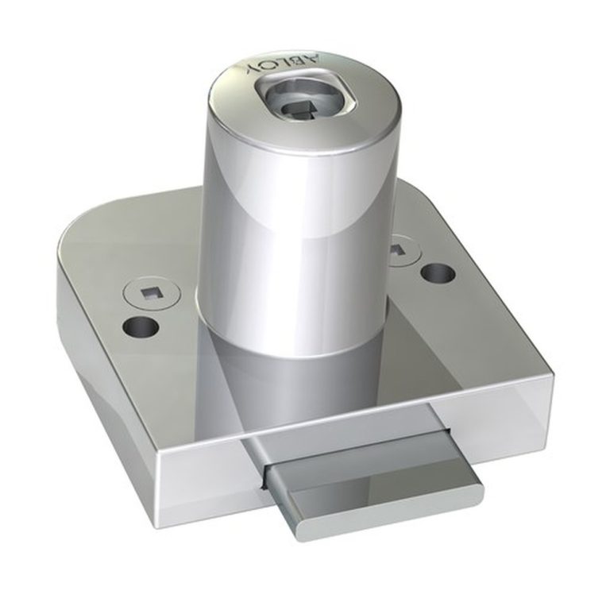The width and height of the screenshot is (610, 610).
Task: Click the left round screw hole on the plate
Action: coord(140,326)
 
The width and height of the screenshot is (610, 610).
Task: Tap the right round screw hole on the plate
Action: coord(438,272)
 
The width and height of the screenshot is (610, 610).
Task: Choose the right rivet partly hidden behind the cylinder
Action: coord(405,252)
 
